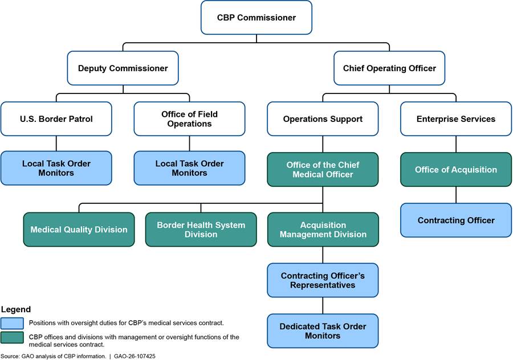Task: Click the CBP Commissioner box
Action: (x=256, y=18)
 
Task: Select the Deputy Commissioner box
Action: (x=123, y=68)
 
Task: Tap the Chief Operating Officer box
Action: (x=389, y=68)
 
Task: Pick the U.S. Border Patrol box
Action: (x=56, y=119)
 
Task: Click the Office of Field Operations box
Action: (x=189, y=119)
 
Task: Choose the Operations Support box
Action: (x=323, y=119)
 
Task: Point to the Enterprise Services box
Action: (x=455, y=119)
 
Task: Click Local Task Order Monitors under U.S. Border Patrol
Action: (x=56, y=168)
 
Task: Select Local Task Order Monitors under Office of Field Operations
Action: (x=189, y=168)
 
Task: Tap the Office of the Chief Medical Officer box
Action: (x=323, y=170)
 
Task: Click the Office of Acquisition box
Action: (x=455, y=170)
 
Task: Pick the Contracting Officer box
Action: (x=455, y=220)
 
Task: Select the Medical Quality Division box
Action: (x=79, y=230)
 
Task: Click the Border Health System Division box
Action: (x=201, y=230)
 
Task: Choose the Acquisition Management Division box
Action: (x=323, y=230)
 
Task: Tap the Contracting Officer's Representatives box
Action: (x=323, y=280)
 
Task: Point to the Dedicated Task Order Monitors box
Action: (x=323, y=331)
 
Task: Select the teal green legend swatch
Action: (x=12, y=338)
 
